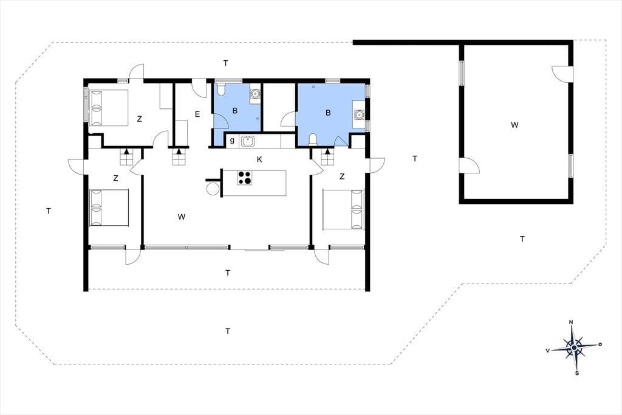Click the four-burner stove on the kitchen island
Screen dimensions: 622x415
tap(244, 178)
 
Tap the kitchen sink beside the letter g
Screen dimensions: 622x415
tap(248, 141)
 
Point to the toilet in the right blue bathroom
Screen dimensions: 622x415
tap(313, 140)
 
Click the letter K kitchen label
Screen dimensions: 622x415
tap(259, 159)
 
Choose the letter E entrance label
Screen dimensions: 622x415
tap(197, 114)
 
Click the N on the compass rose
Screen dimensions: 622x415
tap(571, 322)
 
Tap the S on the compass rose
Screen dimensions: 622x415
tap(577, 373)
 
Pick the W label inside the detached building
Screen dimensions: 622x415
tap(514, 125)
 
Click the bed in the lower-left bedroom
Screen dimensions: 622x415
tap(109, 207)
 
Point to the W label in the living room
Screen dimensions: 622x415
tap(181, 217)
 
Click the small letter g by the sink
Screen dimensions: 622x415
tap(232, 141)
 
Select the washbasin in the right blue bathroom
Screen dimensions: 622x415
tap(359, 115)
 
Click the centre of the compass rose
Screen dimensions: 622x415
tap(574, 348)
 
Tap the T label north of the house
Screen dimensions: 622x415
tap(226, 63)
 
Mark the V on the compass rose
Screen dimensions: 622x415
tap(548, 350)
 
